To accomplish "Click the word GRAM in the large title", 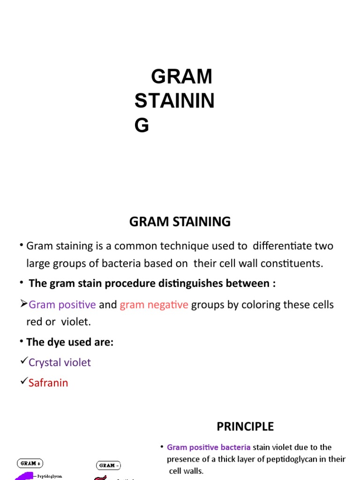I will click(181, 76).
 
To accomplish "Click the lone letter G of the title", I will click(142, 126).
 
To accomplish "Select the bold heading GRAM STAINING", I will click(180, 222).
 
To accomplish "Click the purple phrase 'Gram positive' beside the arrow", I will click(62, 305).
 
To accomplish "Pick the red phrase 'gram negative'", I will click(154, 305).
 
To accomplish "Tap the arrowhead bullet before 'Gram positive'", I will click(23, 304).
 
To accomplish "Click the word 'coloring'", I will click(261, 305).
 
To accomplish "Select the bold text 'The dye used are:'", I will click(70, 342).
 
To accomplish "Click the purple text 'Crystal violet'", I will click(60, 362).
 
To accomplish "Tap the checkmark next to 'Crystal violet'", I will click(23, 361).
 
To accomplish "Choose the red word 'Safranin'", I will click(48, 383).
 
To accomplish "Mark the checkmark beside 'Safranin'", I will click(23, 382).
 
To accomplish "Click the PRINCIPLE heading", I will click(245, 427).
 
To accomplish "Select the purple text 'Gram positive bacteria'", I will click(209, 447).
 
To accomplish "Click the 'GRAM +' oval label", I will click(30, 464).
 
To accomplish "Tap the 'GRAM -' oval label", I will click(108, 465).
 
